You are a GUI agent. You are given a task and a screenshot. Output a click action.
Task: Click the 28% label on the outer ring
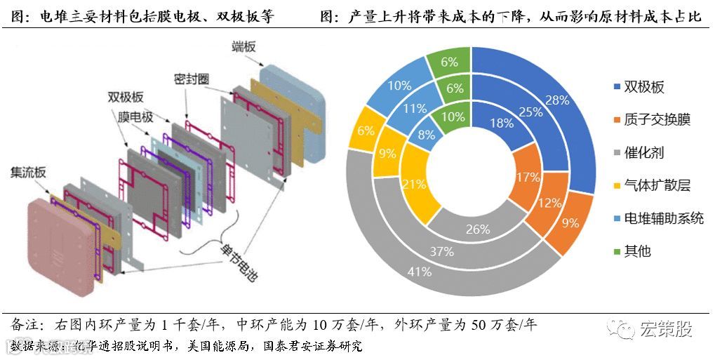(x=556, y=100)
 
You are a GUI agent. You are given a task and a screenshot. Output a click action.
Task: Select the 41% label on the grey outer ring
(x=419, y=272)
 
